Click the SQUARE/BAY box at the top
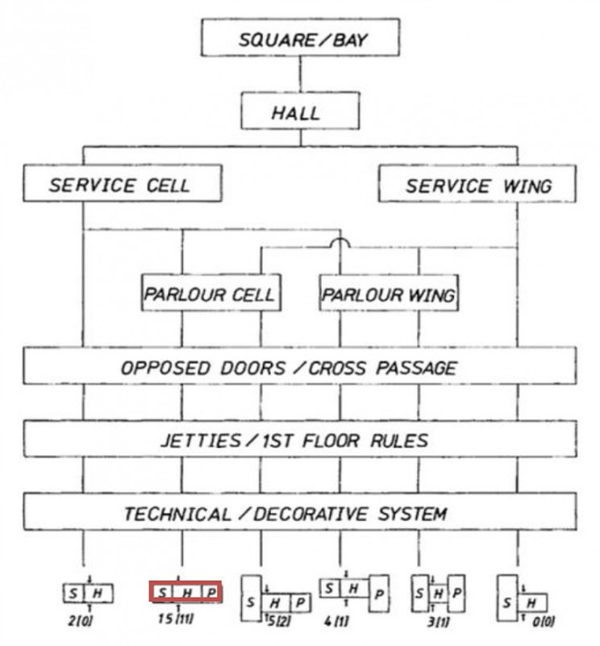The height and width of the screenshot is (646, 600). click(x=300, y=37)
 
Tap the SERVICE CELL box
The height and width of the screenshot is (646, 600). click(x=122, y=184)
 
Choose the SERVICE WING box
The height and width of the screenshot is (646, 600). click(x=477, y=184)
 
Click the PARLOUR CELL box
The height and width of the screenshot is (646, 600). click(x=210, y=294)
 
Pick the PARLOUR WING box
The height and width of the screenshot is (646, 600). click(x=389, y=294)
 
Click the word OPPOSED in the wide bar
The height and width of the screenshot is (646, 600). click(x=161, y=367)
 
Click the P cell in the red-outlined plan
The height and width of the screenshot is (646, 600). click(x=210, y=594)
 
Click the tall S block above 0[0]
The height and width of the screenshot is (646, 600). click(x=507, y=598)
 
